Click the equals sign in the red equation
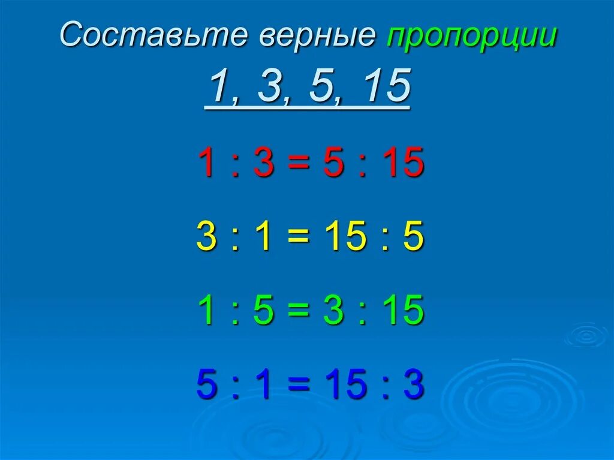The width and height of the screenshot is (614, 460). (298, 164)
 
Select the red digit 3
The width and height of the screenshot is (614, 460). (263, 164)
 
